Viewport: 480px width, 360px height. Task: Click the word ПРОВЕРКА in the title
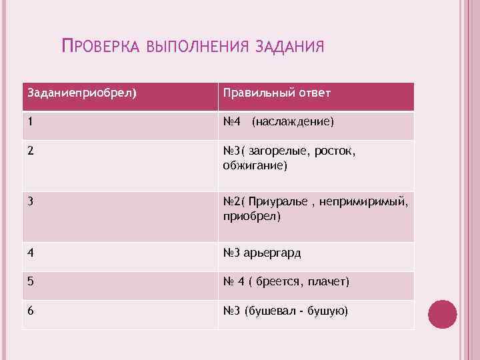click(x=99, y=47)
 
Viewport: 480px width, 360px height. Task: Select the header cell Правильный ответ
click(x=277, y=92)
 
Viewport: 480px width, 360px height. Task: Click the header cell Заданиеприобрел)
click(x=81, y=92)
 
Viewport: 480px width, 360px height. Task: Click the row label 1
click(x=31, y=122)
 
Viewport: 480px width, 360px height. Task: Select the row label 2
click(x=31, y=151)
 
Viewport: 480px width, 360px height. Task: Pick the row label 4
click(x=31, y=253)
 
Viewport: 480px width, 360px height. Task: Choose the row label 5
click(x=31, y=282)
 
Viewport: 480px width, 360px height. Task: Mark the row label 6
click(x=31, y=311)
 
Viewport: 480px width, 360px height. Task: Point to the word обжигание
click(x=254, y=165)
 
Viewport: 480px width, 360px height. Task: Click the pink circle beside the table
click(x=442, y=314)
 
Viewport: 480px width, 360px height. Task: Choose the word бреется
click(x=278, y=282)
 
